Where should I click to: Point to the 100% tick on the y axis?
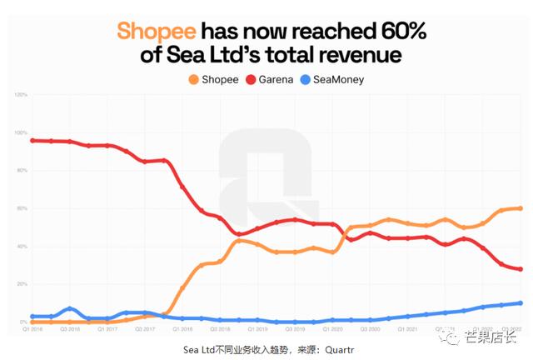20,133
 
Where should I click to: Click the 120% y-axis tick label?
20,95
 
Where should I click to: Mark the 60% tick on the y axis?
21,208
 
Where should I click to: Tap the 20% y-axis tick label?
21,284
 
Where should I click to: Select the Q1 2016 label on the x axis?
32,329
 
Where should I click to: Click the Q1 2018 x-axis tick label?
182,329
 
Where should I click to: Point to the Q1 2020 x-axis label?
333,329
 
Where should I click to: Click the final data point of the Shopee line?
520,208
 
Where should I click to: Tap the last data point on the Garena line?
520,269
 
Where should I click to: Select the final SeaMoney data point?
520,302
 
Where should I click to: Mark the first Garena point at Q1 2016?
32,141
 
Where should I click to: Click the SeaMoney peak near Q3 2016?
71,308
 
